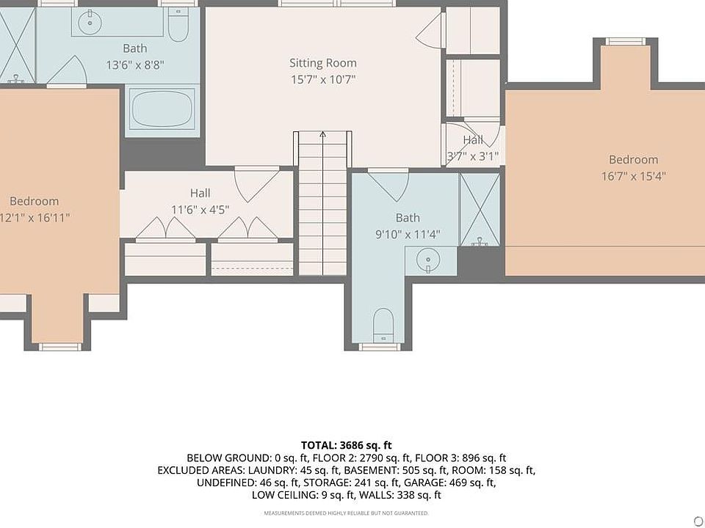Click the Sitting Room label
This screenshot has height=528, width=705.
coord(323,63)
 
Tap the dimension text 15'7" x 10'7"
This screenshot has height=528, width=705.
coord(323,80)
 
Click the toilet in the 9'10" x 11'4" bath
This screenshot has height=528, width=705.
coord(383,325)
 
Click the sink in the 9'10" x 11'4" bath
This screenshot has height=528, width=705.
coord(427,260)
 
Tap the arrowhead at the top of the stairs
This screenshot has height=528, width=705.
coord(323,133)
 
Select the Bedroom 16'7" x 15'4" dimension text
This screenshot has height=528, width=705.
coord(633,175)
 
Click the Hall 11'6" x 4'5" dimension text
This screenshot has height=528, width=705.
coord(200,209)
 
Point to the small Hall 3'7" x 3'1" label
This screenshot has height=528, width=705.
coord(472,140)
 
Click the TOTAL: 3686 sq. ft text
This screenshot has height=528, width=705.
coord(346,445)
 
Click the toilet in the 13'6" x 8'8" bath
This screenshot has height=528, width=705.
coord(178,25)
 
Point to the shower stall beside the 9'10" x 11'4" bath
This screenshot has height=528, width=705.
coord(480,210)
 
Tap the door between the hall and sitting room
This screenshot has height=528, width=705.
coord(257,184)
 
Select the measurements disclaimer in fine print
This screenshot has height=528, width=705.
coord(346,513)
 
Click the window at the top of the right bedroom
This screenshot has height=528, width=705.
coord(626,41)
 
